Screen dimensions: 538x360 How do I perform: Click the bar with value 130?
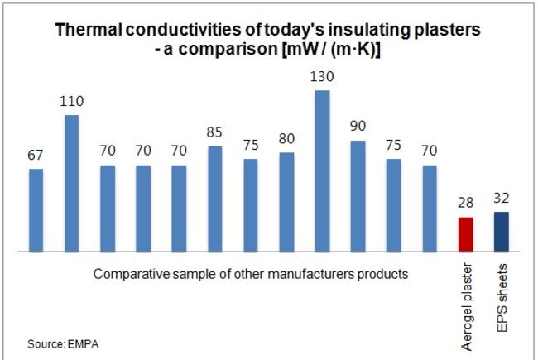pyautogui.click(x=322, y=171)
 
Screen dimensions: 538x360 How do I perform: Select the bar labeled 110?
pyautogui.click(x=72, y=183)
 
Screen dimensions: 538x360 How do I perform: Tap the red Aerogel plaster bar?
pyautogui.click(x=466, y=234)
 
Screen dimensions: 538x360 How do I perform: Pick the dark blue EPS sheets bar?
pyautogui.click(x=502, y=232)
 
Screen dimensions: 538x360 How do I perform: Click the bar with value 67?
pyautogui.click(x=36, y=210)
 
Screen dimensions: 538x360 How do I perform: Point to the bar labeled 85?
pyautogui.click(x=215, y=199)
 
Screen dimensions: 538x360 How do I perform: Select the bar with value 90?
pyautogui.click(x=358, y=196)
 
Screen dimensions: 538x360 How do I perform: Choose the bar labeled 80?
pyautogui.click(x=286, y=202)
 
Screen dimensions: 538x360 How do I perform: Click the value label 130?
pyautogui.click(x=322, y=76)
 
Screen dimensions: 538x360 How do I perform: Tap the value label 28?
pyautogui.click(x=466, y=203)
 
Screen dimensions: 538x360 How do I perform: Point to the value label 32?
pyautogui.click(x=502, y=198)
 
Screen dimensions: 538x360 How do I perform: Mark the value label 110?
pyautogui.click(x=72, y=101)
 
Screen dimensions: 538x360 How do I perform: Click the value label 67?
pyautogui.click(x=36, y=155)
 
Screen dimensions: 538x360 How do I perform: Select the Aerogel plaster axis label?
pyautogui.click(x=467, y=306)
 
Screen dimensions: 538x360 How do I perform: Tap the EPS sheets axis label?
pyautogui.click(x=502, y=298)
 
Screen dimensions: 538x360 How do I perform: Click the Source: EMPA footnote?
pyautogui.click(x=63, y=344)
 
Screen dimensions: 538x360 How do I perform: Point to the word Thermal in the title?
pyautogui.click(x=89, y=30)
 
